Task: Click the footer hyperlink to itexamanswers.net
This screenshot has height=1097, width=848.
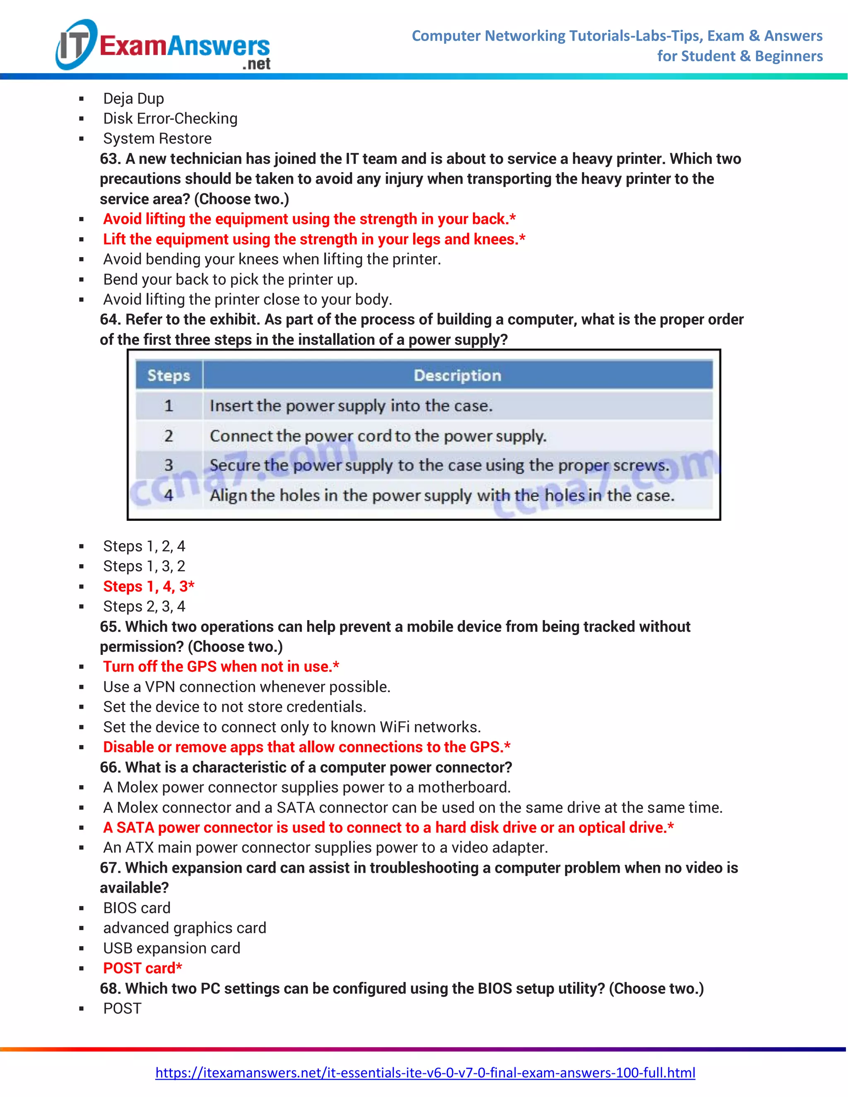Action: click(x=425, y=1073)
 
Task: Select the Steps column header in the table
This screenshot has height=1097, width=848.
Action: click(x=169, y=375)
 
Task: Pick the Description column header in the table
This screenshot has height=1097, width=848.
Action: click(x=457, y=375)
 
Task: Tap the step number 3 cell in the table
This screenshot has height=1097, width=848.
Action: click(x=169, y=465)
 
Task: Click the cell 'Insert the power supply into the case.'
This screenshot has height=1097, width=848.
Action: click(x=351, y=405)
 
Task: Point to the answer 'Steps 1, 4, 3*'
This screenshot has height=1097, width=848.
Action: click(x=149, y=586)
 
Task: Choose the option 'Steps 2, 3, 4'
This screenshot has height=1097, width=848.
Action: click(x=144, y=606)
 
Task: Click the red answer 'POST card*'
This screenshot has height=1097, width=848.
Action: click(x=143, y=968)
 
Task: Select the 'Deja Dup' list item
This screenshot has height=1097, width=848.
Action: click(x=134, y=99)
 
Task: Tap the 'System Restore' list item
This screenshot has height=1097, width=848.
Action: click(x=157, y=139)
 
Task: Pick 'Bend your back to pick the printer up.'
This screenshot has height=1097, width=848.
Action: click(x=230, y=279)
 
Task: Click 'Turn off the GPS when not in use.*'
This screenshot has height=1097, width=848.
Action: click(x=221, y=666)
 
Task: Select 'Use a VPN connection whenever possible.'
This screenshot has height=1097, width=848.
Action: click(x=247, y=687)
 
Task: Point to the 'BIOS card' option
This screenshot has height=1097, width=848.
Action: click(x=137, y=908)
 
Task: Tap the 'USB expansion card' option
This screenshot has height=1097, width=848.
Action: click(x=172, y=948)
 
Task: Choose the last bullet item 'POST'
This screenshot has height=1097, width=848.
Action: click(x=122, y=1008)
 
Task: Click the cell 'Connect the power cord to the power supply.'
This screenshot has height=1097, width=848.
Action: click(x=378, y=435)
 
